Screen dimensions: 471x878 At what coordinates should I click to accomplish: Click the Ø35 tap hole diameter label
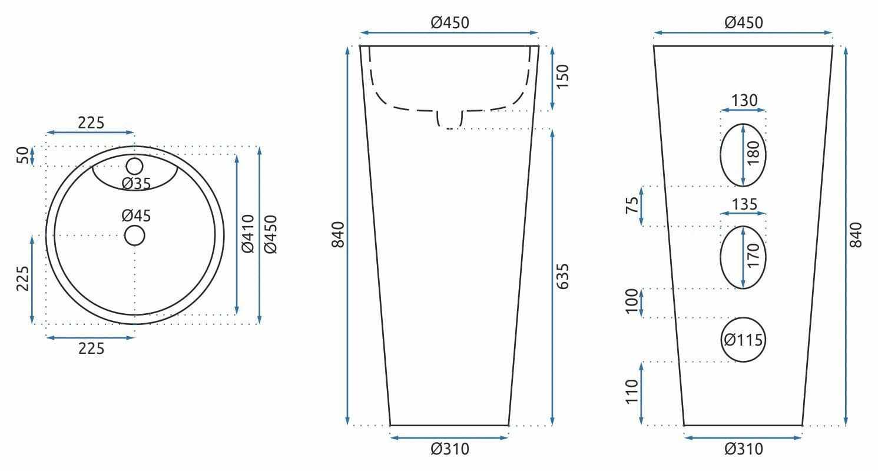coord(137,184)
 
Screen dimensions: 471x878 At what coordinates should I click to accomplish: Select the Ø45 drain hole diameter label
coord(137,216)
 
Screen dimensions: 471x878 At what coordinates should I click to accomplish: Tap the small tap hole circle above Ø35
coord(135,166)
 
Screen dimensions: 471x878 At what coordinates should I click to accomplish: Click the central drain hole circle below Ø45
coord(135,235)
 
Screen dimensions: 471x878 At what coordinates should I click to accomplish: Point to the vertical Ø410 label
coord(248,234)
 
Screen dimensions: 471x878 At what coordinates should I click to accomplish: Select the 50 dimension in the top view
coord(22,155)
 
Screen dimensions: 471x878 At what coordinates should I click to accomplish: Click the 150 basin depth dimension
coord(562,77)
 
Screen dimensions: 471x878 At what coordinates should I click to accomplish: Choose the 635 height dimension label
coord(562,276)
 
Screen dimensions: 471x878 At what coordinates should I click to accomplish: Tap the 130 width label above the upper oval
coord(744,101)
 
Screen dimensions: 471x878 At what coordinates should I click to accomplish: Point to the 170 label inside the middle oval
coord(753,257)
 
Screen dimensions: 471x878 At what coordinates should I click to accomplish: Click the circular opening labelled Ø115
coord(743,340)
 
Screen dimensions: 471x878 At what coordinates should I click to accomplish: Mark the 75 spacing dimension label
coord(631,205)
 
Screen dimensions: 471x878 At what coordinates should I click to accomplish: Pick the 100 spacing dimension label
coord(631,302)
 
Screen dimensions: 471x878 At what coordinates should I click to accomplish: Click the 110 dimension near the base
coord(631,392)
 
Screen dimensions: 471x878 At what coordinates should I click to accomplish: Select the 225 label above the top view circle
coord(91,122)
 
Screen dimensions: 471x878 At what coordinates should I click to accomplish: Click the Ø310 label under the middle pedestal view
coord(450,449)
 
